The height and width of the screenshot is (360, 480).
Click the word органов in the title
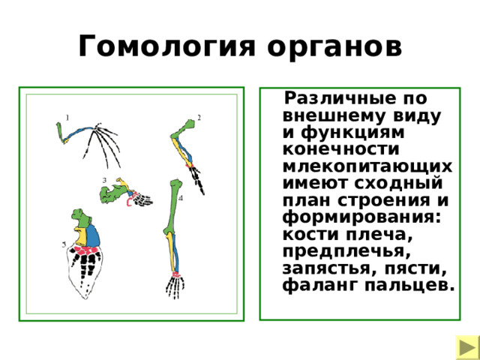pos(328,46)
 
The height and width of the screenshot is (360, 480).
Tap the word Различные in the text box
pos(343,99)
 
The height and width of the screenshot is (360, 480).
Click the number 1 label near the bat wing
pos(67,117)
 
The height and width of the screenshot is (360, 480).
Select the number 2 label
pos(199,117)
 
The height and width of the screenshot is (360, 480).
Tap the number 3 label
pos(104,180)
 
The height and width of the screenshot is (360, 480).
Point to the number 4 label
pos(181,199)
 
